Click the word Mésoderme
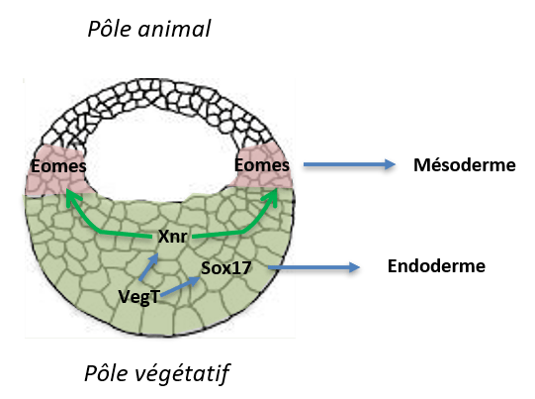pyautogui.click(x=465, y=165)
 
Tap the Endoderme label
pyautogui.click(x=436, y=265)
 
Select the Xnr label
pyautogui.click(x=173, y=237)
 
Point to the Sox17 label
pyautogui.click(x=226, y=268)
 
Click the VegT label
pyautogui.click(x=139, y=296)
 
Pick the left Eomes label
pyautogui.click(x=58, y=166)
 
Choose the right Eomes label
pyautogui.click(x=262, y=165)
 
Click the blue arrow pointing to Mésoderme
pyautogui.click(x=349, y=164)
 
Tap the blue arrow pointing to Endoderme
pyautogui.click(x=313, y=267)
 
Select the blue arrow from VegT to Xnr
pyautogui.click(x=148, y=267)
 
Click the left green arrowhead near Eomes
pyautogui.click(x=72, y=197)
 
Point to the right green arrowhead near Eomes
pyautogui.click(x=270, y=197)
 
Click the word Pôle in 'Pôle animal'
pyautogui.click(x=109, y=29)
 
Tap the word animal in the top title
pyautogui.click(x=174, y=29)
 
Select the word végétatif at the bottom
pyautogui.click(x=182, y=373)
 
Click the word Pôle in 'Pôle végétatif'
pyautogui.click(x=106, y=372)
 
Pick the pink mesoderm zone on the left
pyautogui.click(x=58, y=171)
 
